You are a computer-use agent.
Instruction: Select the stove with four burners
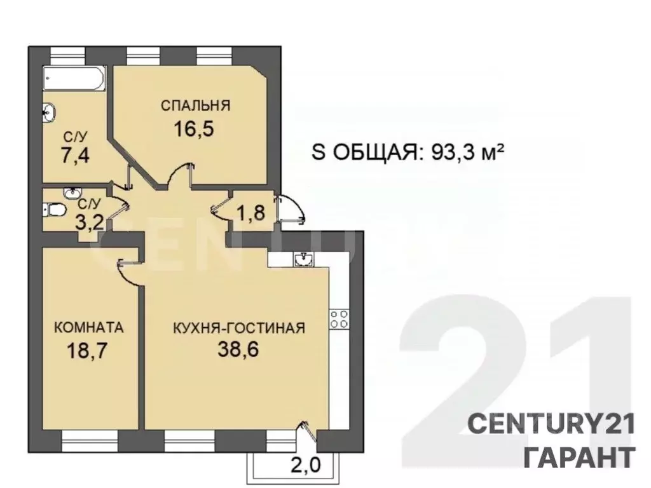coord(339,319)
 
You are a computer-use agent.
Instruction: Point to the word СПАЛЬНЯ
coord(195,105)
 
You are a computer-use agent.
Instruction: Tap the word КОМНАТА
coord(89,328)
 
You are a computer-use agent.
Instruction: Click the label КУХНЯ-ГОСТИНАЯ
coord(240,328)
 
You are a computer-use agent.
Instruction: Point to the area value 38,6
coord(239,351)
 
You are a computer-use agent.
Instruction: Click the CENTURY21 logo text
coord(551,424)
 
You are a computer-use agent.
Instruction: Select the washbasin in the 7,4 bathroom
coord(49,112)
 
